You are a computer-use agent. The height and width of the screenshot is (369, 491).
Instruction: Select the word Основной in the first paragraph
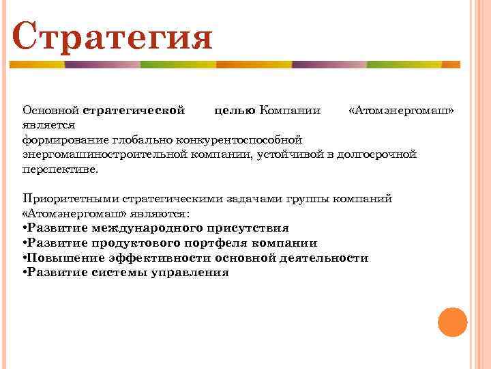click(51, 110)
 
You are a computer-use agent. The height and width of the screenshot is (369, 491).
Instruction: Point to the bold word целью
click(235, 110)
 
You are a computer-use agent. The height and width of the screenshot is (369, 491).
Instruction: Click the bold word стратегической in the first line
click(134, 110)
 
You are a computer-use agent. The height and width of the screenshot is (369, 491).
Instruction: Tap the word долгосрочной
click(381, 154)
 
